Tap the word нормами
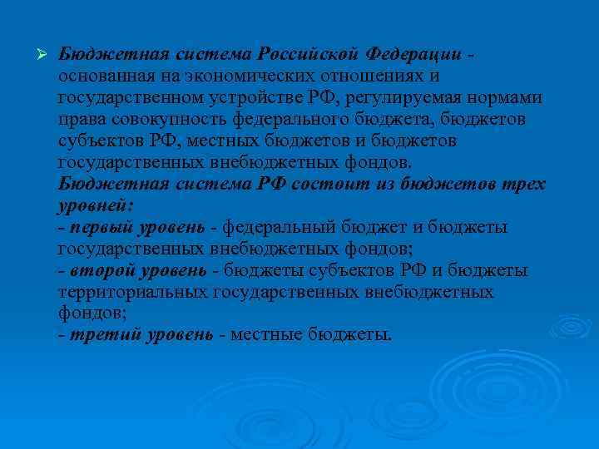510,98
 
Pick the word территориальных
133,293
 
